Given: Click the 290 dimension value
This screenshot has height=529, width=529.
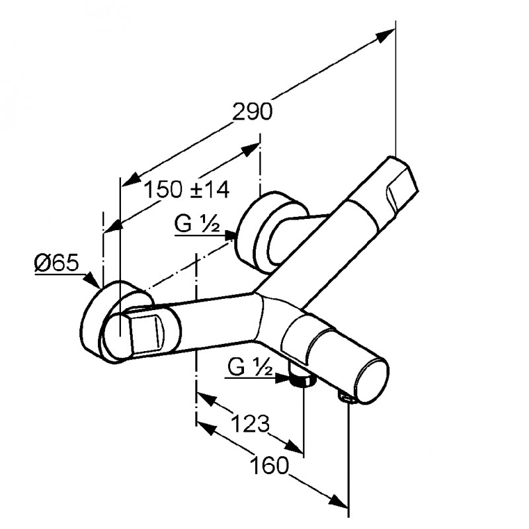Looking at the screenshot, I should click(x=252, y=112).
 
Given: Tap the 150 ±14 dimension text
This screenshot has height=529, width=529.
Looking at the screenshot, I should click(x=186, y=190).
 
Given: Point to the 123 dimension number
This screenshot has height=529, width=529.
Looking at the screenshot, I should click(x=251, y=423).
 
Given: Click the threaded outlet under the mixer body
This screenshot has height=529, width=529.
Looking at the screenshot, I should click(x=301, y=379).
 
